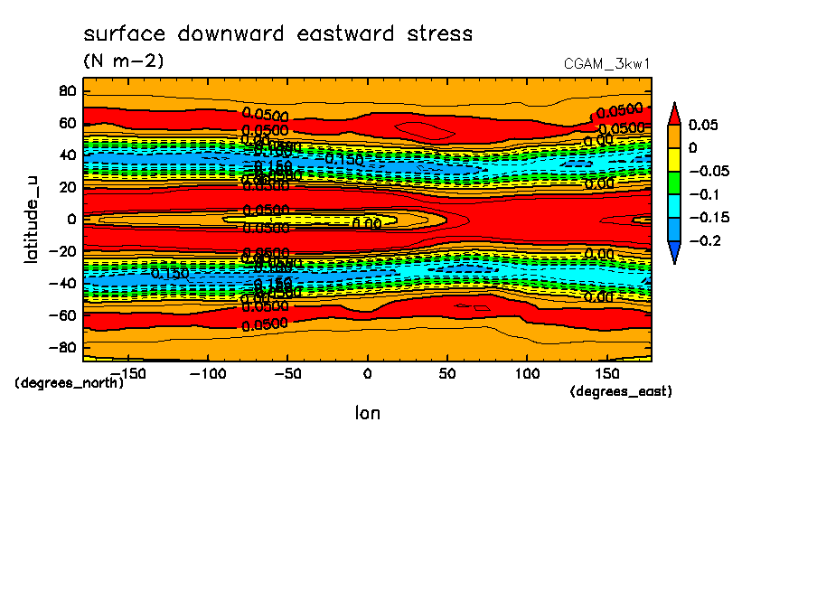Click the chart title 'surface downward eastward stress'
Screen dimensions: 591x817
point(277,34)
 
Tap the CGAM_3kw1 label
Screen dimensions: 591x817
point(606,64)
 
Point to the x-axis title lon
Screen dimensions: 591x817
point(367,413)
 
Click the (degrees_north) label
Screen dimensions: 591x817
point(70,382)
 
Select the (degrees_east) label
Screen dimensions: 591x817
point(621,391)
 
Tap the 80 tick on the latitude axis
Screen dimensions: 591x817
point(66,90)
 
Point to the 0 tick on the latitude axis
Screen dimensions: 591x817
point(70,219)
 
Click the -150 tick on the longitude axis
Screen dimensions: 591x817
point(128,372)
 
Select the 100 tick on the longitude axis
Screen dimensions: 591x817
point(527,372)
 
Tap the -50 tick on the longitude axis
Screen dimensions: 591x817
point(286,372)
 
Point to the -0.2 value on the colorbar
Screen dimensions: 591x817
point(705,241)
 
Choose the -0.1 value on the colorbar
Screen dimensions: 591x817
point(705,194)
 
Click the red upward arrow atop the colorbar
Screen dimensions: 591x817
point(674,112)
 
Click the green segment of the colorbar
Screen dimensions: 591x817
point(674,183)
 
